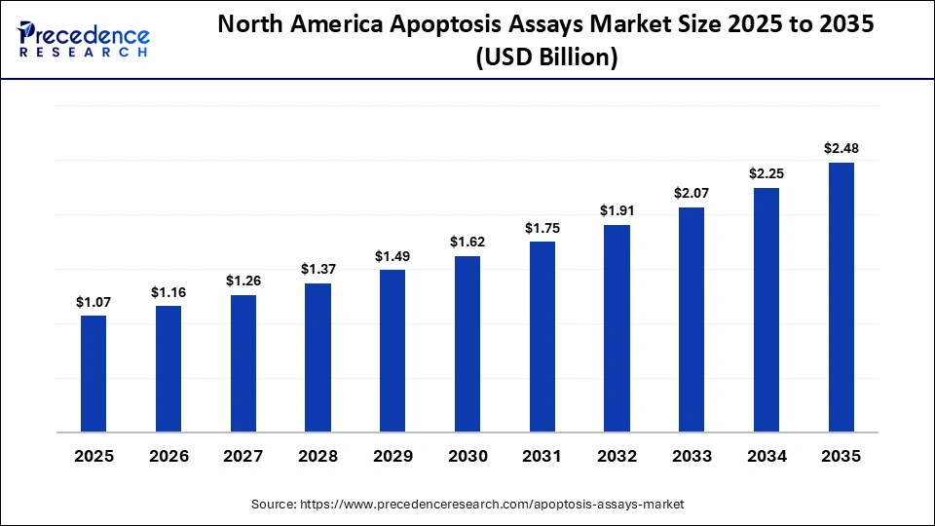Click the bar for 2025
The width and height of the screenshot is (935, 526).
click(x=93, y=373)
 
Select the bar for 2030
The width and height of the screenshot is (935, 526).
click(x=467, y=343)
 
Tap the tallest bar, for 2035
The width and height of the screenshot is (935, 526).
click(x=841, y=297)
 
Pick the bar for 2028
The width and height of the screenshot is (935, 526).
click(x=318, y=357)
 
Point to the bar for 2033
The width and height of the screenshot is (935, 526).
click(x=692, y=319)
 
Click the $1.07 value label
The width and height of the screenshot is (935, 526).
click(x=93, y=303)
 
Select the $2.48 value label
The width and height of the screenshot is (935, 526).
click(x=841, y=149)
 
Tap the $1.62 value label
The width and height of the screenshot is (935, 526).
click(x=467, y=242)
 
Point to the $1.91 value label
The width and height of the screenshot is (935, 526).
click(x=617, y=210)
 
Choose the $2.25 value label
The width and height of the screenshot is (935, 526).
click(x=767, y=173)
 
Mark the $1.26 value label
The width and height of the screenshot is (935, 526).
click(x=243, y=281)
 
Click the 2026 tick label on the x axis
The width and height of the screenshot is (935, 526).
click(x=168, y=456)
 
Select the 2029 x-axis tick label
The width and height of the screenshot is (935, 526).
click(x=393, y=456)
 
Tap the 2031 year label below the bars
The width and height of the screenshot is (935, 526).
click(x=542, y=456)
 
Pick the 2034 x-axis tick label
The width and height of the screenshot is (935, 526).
click(x=767, y=456)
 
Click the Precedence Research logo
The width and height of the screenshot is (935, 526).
click(x=84, y=40)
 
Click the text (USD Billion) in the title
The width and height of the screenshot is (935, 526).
click(x=546, y=58)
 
